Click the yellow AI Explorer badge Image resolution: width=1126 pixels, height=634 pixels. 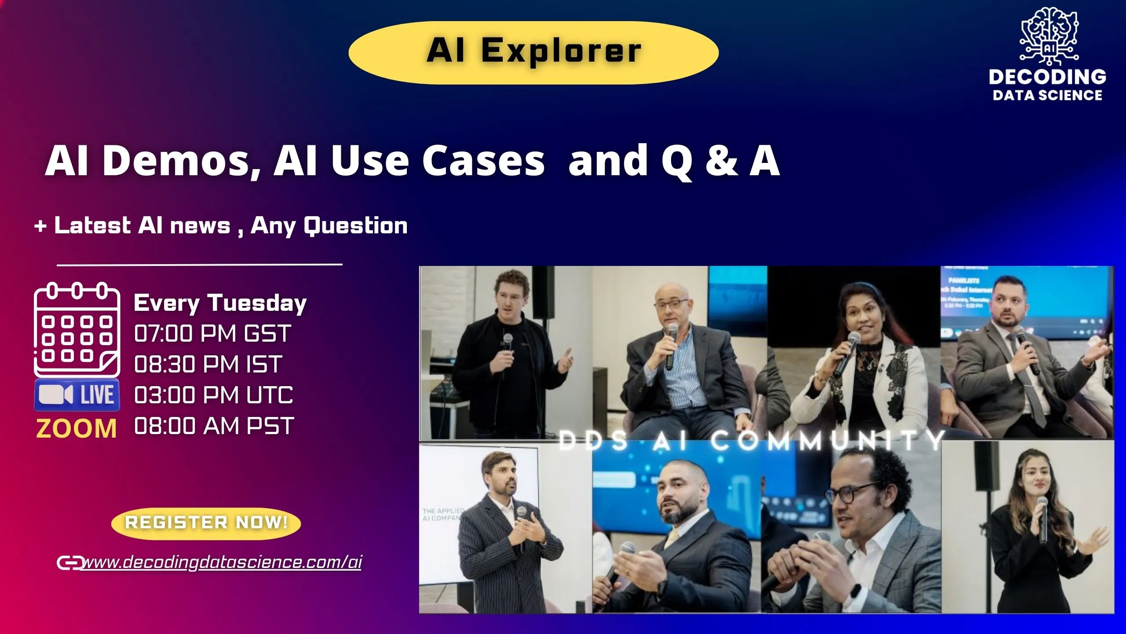(534, 52)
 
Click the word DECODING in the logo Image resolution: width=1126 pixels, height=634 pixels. (1047, 77)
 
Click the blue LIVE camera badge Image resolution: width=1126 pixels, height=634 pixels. (77, 394)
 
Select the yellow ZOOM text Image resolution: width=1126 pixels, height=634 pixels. (77, 429)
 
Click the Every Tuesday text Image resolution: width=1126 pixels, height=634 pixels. (220, 303)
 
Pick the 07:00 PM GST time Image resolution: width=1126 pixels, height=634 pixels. (212, 333)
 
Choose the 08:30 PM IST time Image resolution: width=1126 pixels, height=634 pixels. (208, 364)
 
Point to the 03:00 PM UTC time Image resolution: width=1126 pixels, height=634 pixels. (213, 395)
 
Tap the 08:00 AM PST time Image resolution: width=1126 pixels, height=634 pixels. (214, 426)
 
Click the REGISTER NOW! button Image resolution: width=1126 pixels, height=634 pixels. (206, 523)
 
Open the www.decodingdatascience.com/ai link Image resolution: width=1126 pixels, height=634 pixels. (223, 562)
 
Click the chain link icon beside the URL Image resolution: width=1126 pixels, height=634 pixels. (69, 563)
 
